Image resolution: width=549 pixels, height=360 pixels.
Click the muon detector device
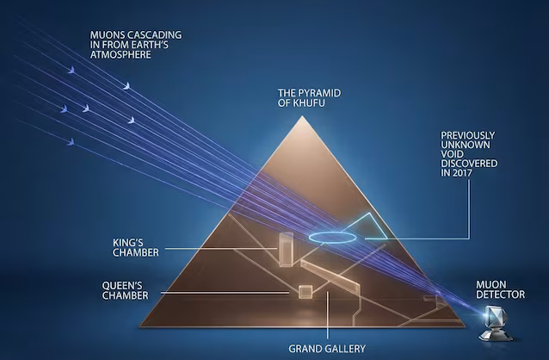tap(496, 323)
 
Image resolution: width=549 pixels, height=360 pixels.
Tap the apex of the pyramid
tap(302, 116)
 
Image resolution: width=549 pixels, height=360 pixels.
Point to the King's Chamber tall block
tap(286, 249)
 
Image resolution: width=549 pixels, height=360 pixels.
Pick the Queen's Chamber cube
tap(305, 292)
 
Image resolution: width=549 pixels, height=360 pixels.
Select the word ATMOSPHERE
tap(120, 54)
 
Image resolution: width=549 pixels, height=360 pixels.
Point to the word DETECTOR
tap(500, 295)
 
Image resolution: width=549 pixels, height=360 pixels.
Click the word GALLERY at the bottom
tap(346, 349)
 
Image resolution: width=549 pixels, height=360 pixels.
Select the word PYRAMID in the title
tap(320, 93)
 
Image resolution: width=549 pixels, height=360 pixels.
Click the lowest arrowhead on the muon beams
tap(71, 142)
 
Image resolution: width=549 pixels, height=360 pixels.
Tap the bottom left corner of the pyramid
tap(139, 326)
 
